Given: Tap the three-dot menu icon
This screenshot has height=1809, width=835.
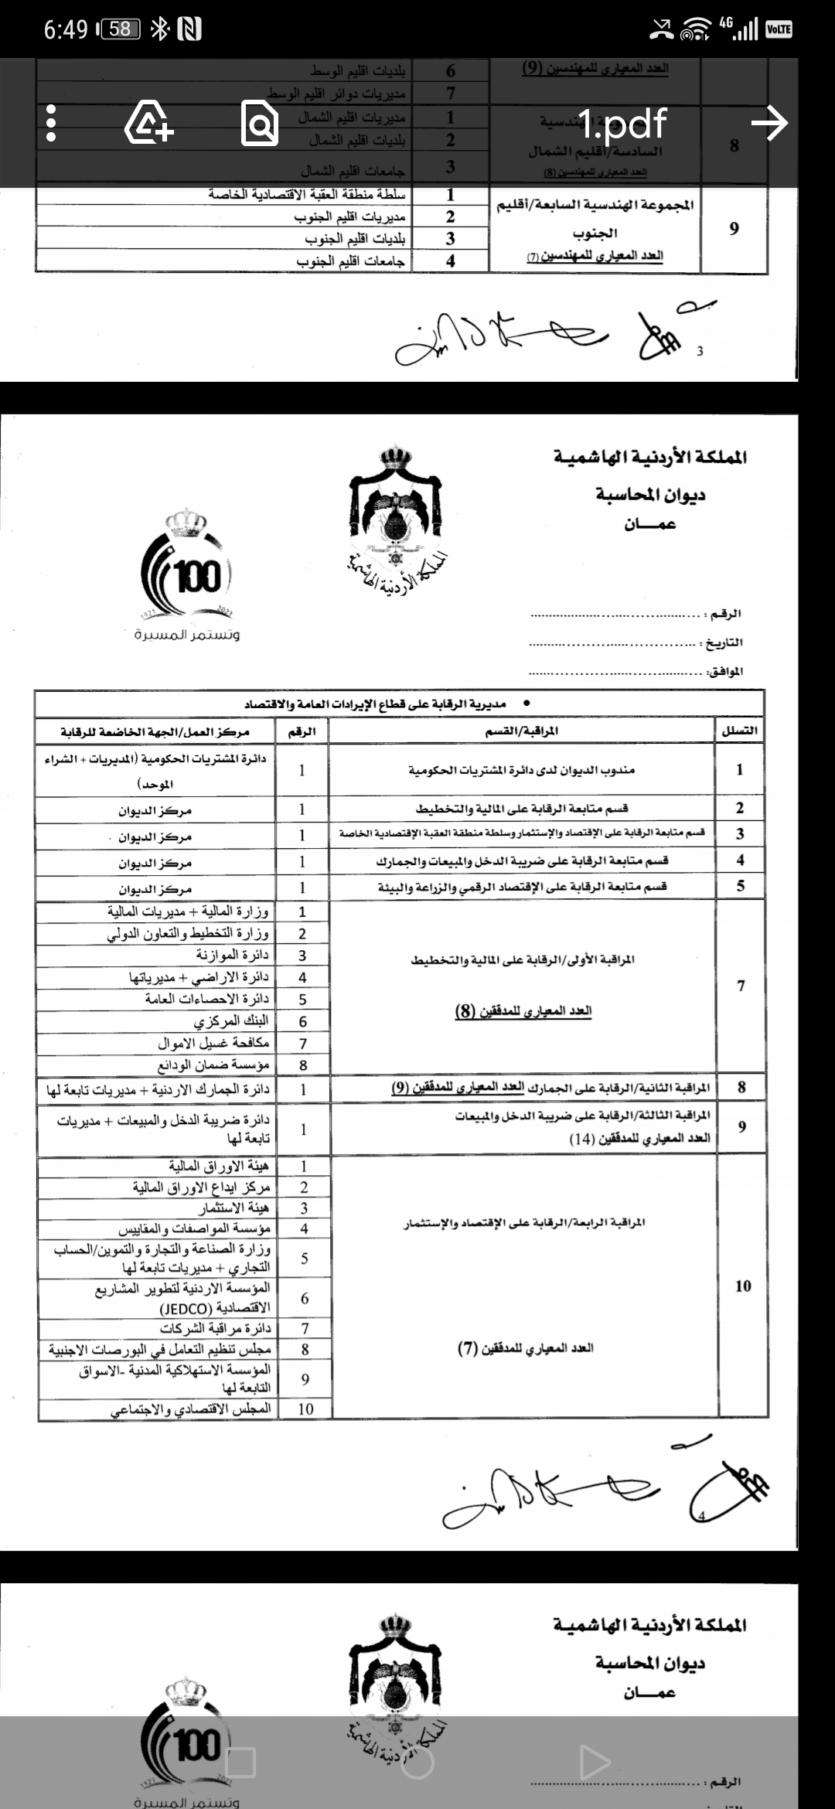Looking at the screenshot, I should pyautogui.click(x=51, y=124).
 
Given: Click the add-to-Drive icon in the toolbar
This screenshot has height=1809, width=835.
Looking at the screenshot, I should pyautogui.click(x=149, y=124).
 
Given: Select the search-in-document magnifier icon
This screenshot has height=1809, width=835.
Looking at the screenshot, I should pyautogui.click(x=260, y=124).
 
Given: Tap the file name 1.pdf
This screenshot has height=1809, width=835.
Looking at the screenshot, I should pyautogui.click(x=622, y=124).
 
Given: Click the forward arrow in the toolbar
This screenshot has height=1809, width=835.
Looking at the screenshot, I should pyautogui.click(x=769, y=124).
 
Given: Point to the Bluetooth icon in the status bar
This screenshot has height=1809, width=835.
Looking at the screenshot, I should pyautogui.click(x=160, y=29).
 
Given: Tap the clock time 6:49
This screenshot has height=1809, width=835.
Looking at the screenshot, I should pyautogui.click(x=66, y=29).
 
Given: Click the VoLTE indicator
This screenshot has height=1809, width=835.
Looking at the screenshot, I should pyautogui.click(x=778, y=29).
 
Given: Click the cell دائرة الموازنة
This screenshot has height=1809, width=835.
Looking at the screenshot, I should pyautogui.click(x=231, y=956).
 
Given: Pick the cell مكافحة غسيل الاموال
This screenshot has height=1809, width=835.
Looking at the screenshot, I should pyautogui.click(x=213, y=1043).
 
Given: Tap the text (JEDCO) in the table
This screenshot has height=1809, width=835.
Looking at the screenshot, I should pyautogui.click(x=186, y=1309).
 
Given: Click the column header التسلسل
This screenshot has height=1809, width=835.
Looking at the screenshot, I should pyautogui.click(x=739, y=731).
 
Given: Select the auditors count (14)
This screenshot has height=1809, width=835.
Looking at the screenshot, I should pyautogui.click(x=581, y=1139).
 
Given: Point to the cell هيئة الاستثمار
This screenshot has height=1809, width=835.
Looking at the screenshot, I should pyautogui.click(x=233, y=1208).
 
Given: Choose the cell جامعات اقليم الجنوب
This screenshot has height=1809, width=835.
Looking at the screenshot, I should pyautogui.click(x=350, y=261).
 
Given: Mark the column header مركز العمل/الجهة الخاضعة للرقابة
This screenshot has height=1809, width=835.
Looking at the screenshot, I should pyautogui.click(x=155, y=731).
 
